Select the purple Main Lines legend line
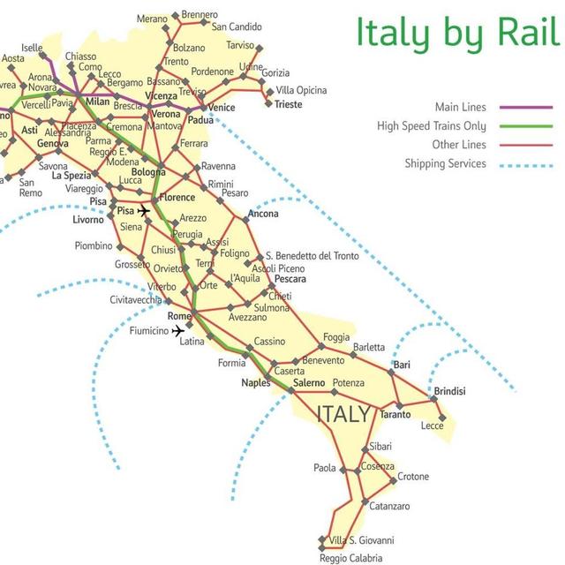(x=525, y=107)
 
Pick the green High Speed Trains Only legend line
(x=525, y=126)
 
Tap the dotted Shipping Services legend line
(x=525, y=163)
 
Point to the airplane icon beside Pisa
(x=145, y=211)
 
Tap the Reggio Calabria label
(x=350, y=558)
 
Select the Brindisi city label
(x=449, y=391)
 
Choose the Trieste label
(x=288, y=104)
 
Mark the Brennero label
(x=200, y=15)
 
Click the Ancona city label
(x=263, y=214)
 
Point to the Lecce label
(x=433, y=426)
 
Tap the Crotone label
(x=412, y=477)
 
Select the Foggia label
(x=337, y=336)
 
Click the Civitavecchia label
(x=136, y=300)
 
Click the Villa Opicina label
(x=301, y=90)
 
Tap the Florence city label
(x=177, y=198)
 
